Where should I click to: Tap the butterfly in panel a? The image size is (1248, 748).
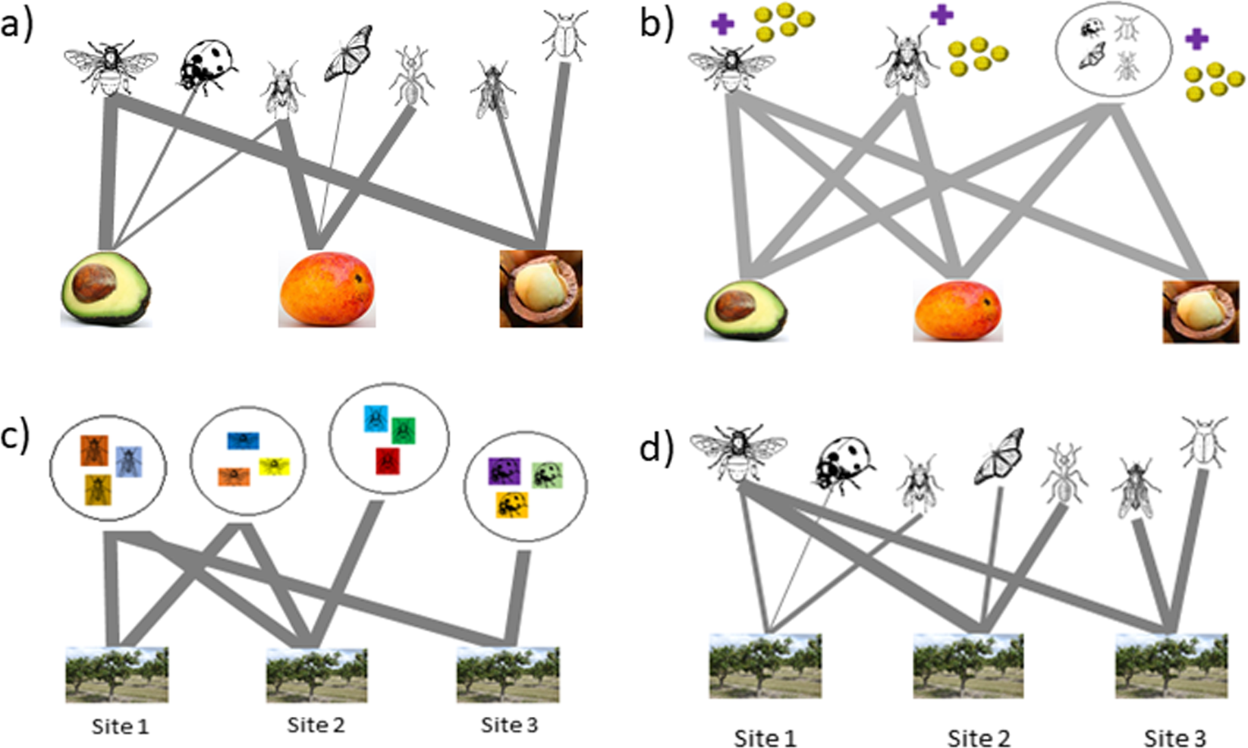pos(348,53)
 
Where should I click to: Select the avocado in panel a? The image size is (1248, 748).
pos(105,289)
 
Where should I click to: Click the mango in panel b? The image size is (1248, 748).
pos(957,311)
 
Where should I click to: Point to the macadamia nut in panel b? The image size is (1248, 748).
pos(1200,311)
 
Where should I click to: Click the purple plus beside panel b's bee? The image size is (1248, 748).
pos(721,24)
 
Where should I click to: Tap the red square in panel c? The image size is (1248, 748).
pos(388,460)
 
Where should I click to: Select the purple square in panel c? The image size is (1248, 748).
pos(504,471)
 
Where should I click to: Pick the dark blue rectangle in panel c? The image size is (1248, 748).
pos(244,441)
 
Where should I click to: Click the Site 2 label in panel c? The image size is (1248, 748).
pos(316,725)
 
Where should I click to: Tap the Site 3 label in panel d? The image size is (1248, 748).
pos(1174,737)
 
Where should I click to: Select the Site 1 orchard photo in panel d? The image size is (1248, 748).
pos(765,665)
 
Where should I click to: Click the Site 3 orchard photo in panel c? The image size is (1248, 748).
pos(508,674)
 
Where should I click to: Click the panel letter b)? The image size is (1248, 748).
pos(657,24)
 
